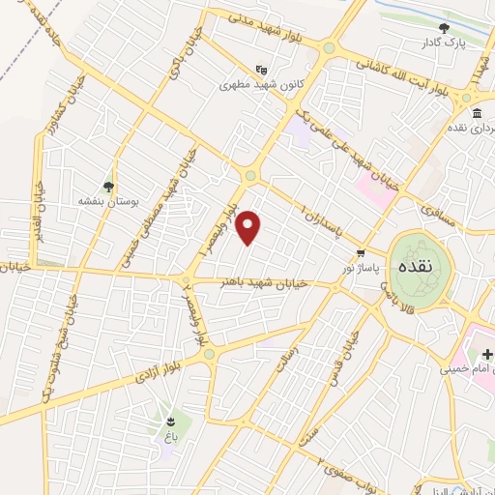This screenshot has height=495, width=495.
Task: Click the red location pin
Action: click(x=249, y=227)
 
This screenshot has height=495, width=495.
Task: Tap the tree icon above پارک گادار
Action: click(x=445, y=29)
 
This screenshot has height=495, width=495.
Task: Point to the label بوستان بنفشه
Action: click(x=108, y=203)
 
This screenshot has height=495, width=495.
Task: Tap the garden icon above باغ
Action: click(x=171, y=421)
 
